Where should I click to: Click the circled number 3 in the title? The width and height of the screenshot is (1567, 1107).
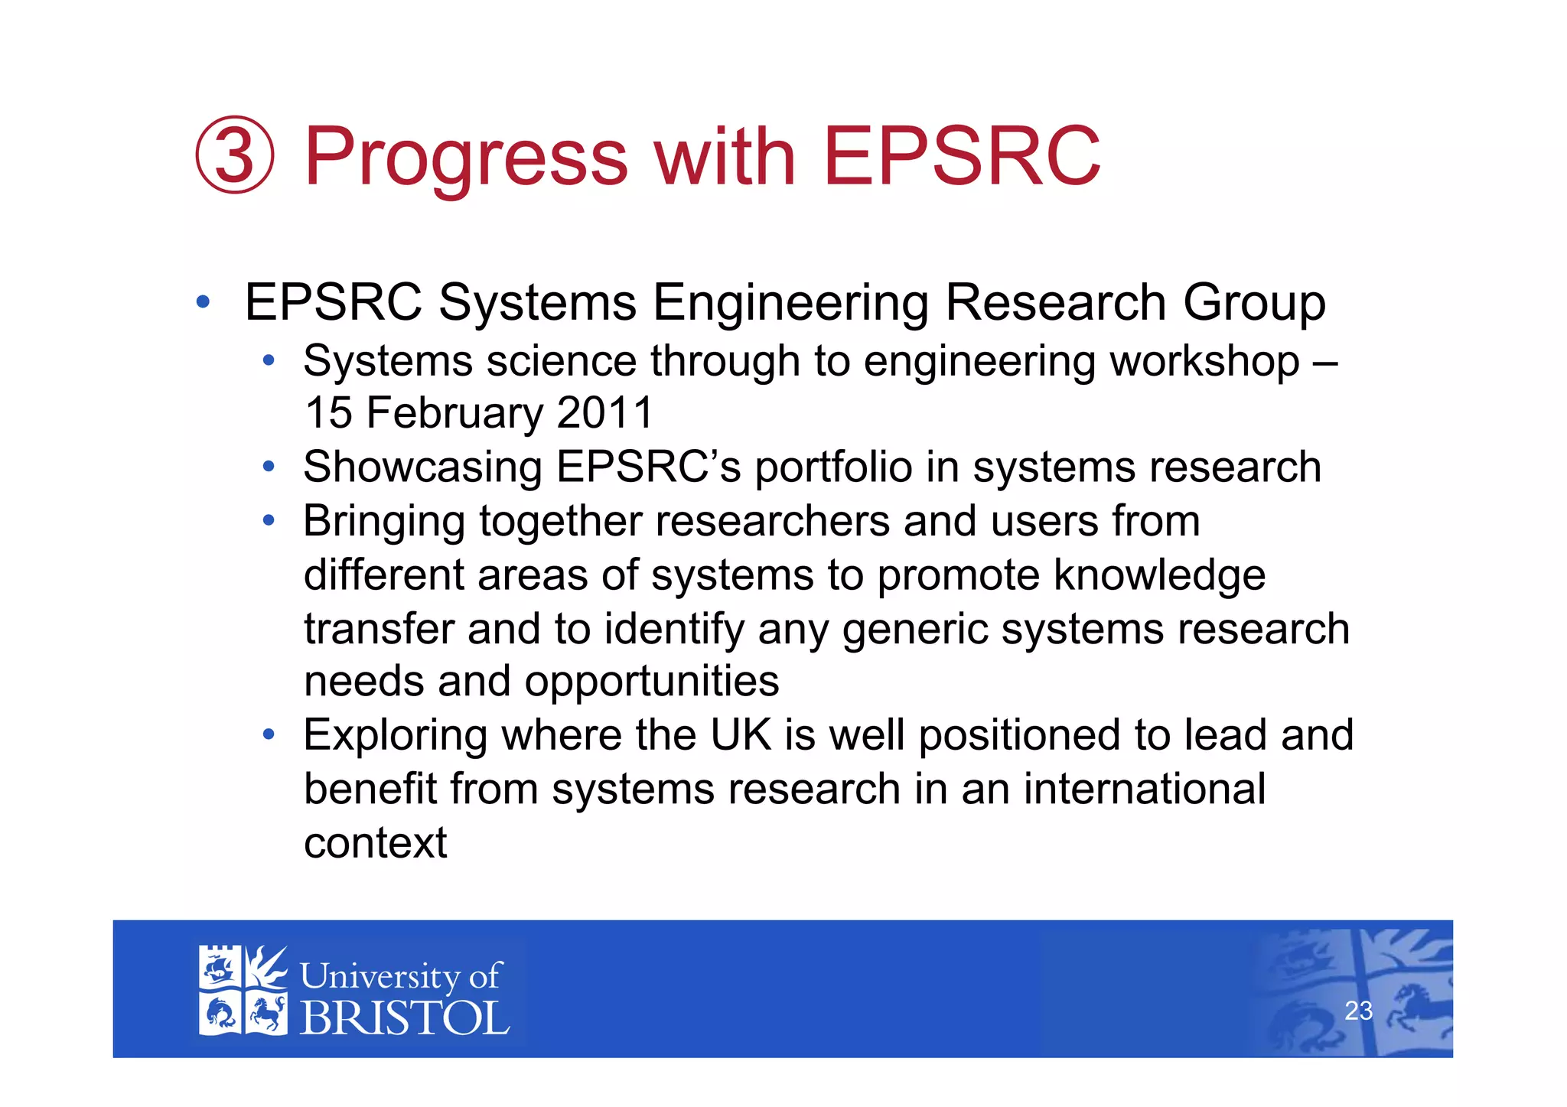point(235,155)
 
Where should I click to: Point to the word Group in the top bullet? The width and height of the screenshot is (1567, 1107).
point(1254,303)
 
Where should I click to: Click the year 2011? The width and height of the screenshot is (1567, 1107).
point(605,412)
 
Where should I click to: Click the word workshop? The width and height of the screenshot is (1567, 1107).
point(1205,361)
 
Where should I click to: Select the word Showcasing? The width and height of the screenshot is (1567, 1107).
point(422,467)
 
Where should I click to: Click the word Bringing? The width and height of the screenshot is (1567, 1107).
point(384,523)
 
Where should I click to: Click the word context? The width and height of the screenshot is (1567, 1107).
point(375,843)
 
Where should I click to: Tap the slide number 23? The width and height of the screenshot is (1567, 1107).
point(1358,1011)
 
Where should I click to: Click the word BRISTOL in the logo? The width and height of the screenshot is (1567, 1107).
point(404,1018)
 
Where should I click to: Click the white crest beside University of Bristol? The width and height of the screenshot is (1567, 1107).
point(243,991)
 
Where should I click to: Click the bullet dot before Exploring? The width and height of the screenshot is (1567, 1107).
point(268,735)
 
